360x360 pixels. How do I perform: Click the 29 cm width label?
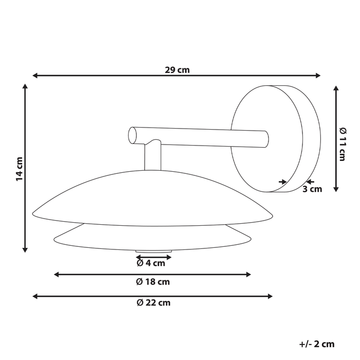click(177, 70)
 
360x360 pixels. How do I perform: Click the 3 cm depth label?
click(312, 189)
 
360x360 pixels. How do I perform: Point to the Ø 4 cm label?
click(151, 263)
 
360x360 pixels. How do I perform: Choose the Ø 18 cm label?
click(153, 282)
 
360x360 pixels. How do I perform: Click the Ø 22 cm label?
click(153, 303)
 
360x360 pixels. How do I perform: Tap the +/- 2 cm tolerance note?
click(316, 344)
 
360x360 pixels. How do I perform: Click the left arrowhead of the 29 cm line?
click(35, 76)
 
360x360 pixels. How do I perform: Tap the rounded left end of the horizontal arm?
click(133, 135)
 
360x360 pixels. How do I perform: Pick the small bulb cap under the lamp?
click(153, 251)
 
